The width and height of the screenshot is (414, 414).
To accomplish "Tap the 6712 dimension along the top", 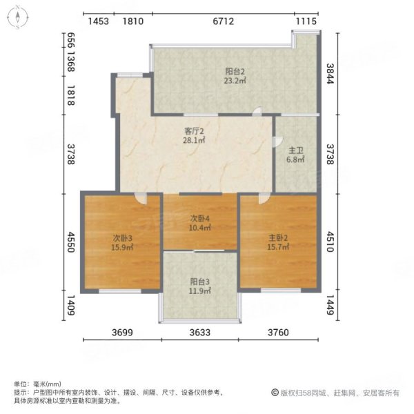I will tap(221, 21).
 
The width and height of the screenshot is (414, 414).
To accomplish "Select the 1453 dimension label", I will tap(99, 21).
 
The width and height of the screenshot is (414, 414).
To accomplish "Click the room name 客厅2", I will tap(194, 130).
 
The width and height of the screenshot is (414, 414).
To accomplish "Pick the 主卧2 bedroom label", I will tap(279, 238).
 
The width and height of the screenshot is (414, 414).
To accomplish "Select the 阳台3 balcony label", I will tap(201, 281).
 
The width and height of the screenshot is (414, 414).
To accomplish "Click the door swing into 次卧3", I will tap(141, 199).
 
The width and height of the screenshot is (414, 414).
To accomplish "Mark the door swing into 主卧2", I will tap(264, 199).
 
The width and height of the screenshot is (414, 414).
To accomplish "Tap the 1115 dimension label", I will tap(306, 21).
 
